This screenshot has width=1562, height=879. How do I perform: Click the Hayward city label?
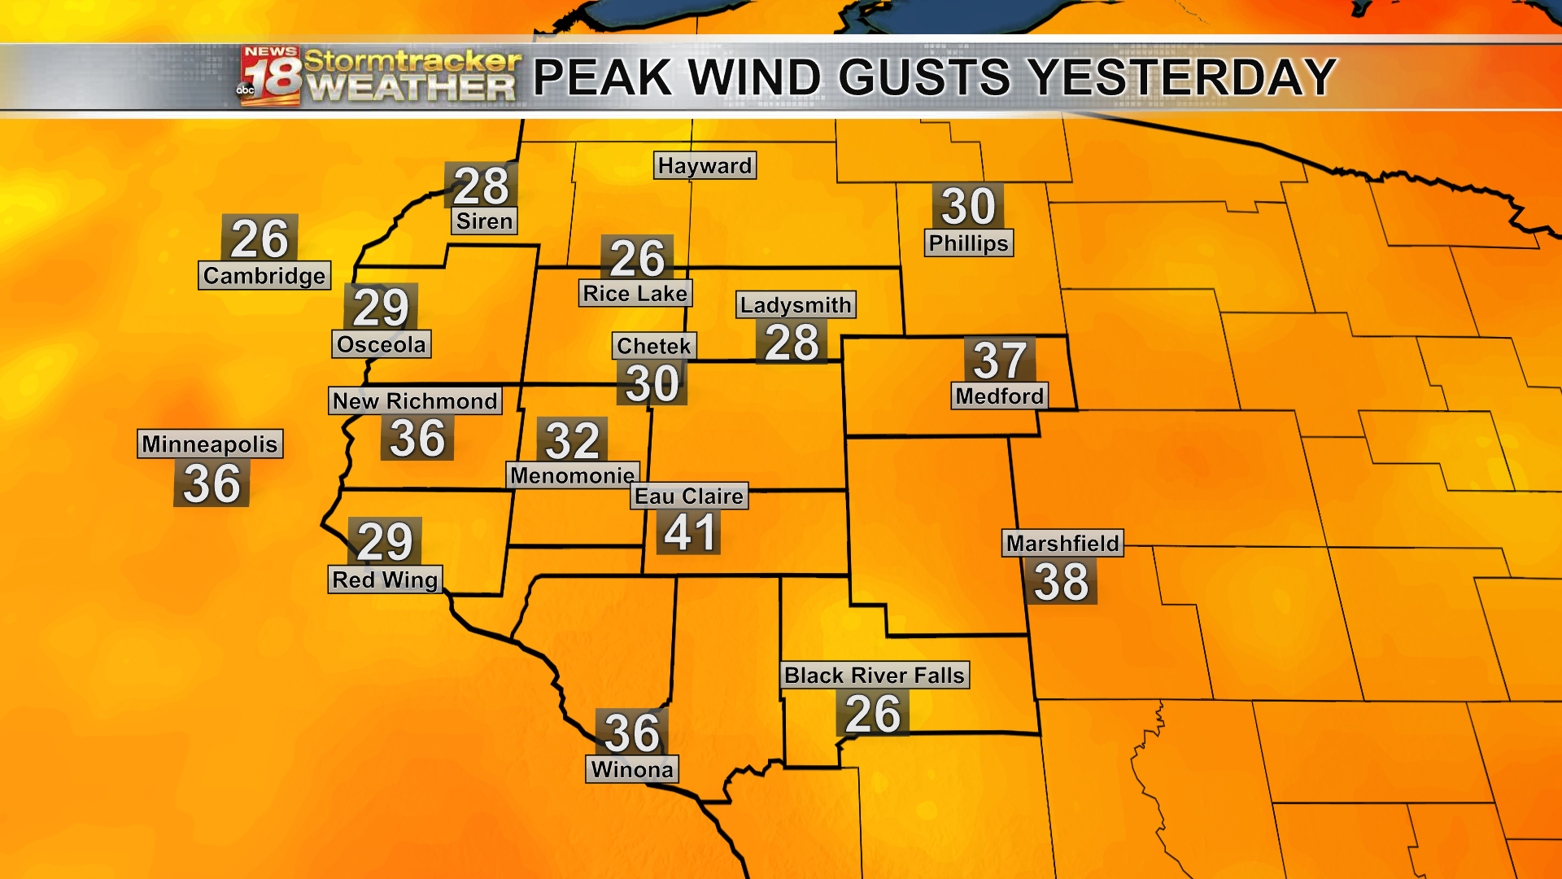705,165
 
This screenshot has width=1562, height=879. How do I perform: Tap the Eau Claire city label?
689,496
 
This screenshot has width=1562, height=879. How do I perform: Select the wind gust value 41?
690,533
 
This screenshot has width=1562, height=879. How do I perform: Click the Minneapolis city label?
210,444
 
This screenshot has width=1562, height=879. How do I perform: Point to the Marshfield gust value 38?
1061,582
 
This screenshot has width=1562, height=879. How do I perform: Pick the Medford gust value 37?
999,360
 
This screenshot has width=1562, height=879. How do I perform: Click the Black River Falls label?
875,675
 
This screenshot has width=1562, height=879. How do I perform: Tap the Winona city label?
632,769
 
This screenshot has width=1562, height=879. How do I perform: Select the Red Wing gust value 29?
385,541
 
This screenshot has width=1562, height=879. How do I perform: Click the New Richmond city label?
415,400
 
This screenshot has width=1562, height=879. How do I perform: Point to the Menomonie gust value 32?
573,440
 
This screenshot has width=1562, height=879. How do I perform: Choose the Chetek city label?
654,346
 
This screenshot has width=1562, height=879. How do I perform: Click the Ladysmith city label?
796,304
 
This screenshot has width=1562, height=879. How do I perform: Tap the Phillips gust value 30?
968,206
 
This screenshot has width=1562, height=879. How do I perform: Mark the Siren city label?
484,221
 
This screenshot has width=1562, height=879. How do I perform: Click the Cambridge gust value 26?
260,238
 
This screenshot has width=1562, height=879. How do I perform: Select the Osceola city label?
382,344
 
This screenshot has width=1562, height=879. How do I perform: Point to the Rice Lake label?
635,293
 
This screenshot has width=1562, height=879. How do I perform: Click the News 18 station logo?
269,77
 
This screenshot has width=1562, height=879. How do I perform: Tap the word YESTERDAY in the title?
1182,78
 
